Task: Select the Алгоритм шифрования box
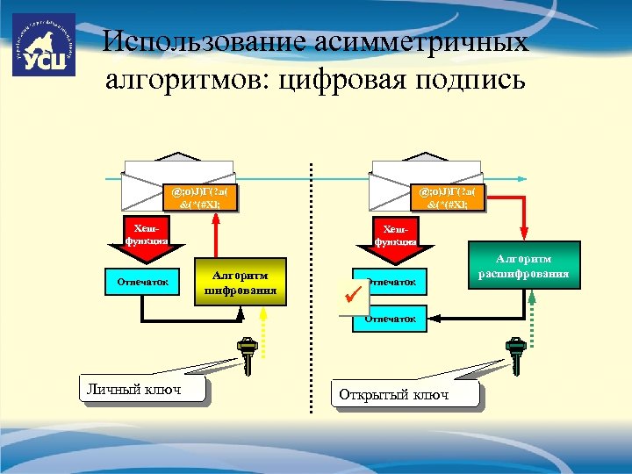pyautogui.click(x=241, y=279)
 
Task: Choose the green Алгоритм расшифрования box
pyautogui.click(x=524, y=267)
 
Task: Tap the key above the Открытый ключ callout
pyautogui.click(x=514, y=356)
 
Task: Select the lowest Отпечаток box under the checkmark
pyautogui.click(x=390, y=319)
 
